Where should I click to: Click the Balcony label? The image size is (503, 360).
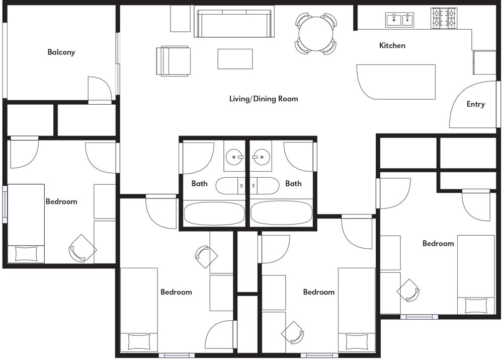(x=61, y=52)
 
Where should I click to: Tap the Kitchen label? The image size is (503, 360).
(x=392, y=46)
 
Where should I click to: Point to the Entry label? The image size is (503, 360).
(x=475, y=104)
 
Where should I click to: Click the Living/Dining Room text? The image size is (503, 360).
(x=264, y=99)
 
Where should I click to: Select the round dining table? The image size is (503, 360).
(x=316, y=34)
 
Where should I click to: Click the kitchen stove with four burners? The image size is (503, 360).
(x=444, y=18)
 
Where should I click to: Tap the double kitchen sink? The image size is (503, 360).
(x=399, y=20)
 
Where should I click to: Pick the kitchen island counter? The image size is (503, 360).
(x=396, y=82)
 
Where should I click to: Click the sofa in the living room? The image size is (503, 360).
(x=234, y=22)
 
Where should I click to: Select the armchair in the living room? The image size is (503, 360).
(x=173, y=61)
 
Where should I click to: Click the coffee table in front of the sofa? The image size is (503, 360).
(x=235, y=59)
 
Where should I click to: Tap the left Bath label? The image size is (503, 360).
(x=199, y=184)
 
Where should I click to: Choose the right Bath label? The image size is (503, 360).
(x=293, y=184)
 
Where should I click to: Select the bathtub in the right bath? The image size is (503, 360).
(x=281, y=213)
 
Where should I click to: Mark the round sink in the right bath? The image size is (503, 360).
(x=261, y=157)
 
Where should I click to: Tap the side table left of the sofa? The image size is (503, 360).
(x=180, y=19)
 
